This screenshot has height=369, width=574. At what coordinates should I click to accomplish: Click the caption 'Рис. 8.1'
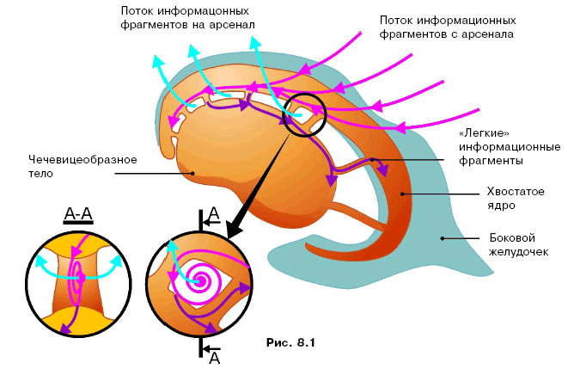click(x=291, y=343)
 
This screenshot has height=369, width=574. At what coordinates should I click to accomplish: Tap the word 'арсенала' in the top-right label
click(x=492, y=34)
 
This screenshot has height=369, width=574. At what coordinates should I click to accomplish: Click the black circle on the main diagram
click(x=304, y=115)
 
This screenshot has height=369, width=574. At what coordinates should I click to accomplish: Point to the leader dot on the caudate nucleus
click(x=401, y=194)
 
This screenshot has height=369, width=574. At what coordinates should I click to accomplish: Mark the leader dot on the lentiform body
click(x=193, y=173)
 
